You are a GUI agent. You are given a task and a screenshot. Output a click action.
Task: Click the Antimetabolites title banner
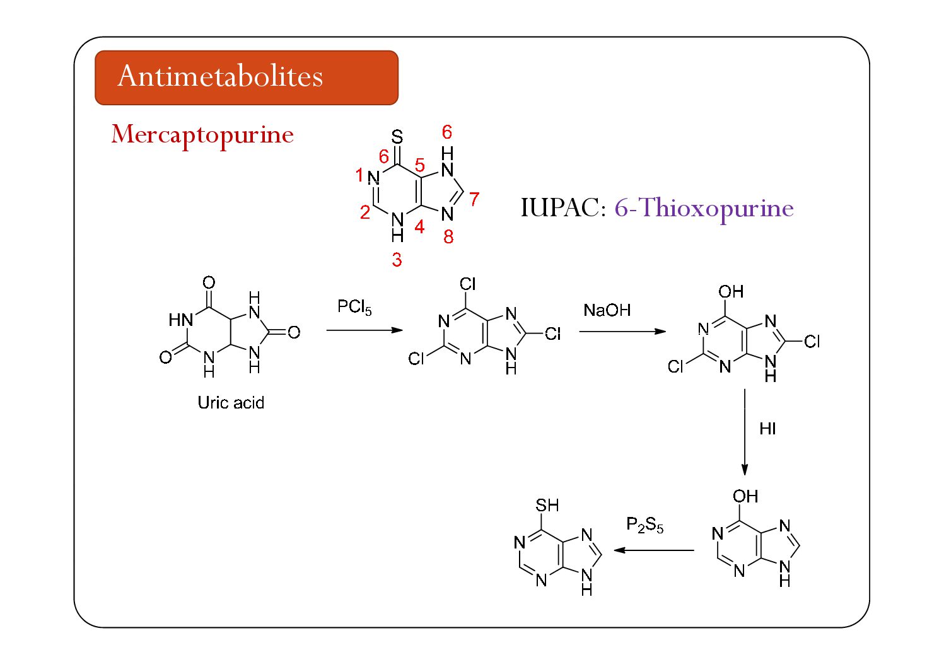pos(246,78)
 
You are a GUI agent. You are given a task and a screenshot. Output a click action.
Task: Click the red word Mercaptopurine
pos(202,134)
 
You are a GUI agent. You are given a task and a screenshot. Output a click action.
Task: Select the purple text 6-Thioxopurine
pos(704,208)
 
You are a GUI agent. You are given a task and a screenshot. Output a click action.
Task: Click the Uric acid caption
pos(231,402)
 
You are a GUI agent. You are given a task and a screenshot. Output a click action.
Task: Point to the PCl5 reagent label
pos(354,308)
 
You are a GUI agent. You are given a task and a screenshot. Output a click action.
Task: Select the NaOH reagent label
pos(607,310)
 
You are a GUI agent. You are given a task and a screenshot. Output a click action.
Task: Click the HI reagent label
pos(767,429)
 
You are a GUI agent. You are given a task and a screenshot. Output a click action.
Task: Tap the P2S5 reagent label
pos(644,525)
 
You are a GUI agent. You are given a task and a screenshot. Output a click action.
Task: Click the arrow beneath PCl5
pos(364,330)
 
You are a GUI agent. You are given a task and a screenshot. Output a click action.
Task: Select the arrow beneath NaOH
pos(622,331)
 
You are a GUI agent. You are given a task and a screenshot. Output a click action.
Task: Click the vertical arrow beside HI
pos(745,432)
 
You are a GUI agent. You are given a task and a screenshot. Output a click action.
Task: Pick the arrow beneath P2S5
pos(654,550)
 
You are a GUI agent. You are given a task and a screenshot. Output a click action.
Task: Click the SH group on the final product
pos(547,505)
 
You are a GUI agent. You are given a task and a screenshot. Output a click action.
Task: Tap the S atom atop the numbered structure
pos(397,137)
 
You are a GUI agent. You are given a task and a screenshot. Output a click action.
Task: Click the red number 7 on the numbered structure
pos(474,199)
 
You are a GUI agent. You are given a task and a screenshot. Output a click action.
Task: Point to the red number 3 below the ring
pos(397,259)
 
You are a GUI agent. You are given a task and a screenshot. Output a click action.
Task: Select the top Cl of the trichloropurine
pos(467,284)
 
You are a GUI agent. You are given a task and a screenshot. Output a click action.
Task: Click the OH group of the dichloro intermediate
pos(731,292)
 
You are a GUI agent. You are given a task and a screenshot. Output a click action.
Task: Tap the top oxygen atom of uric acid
pos(209,283)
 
